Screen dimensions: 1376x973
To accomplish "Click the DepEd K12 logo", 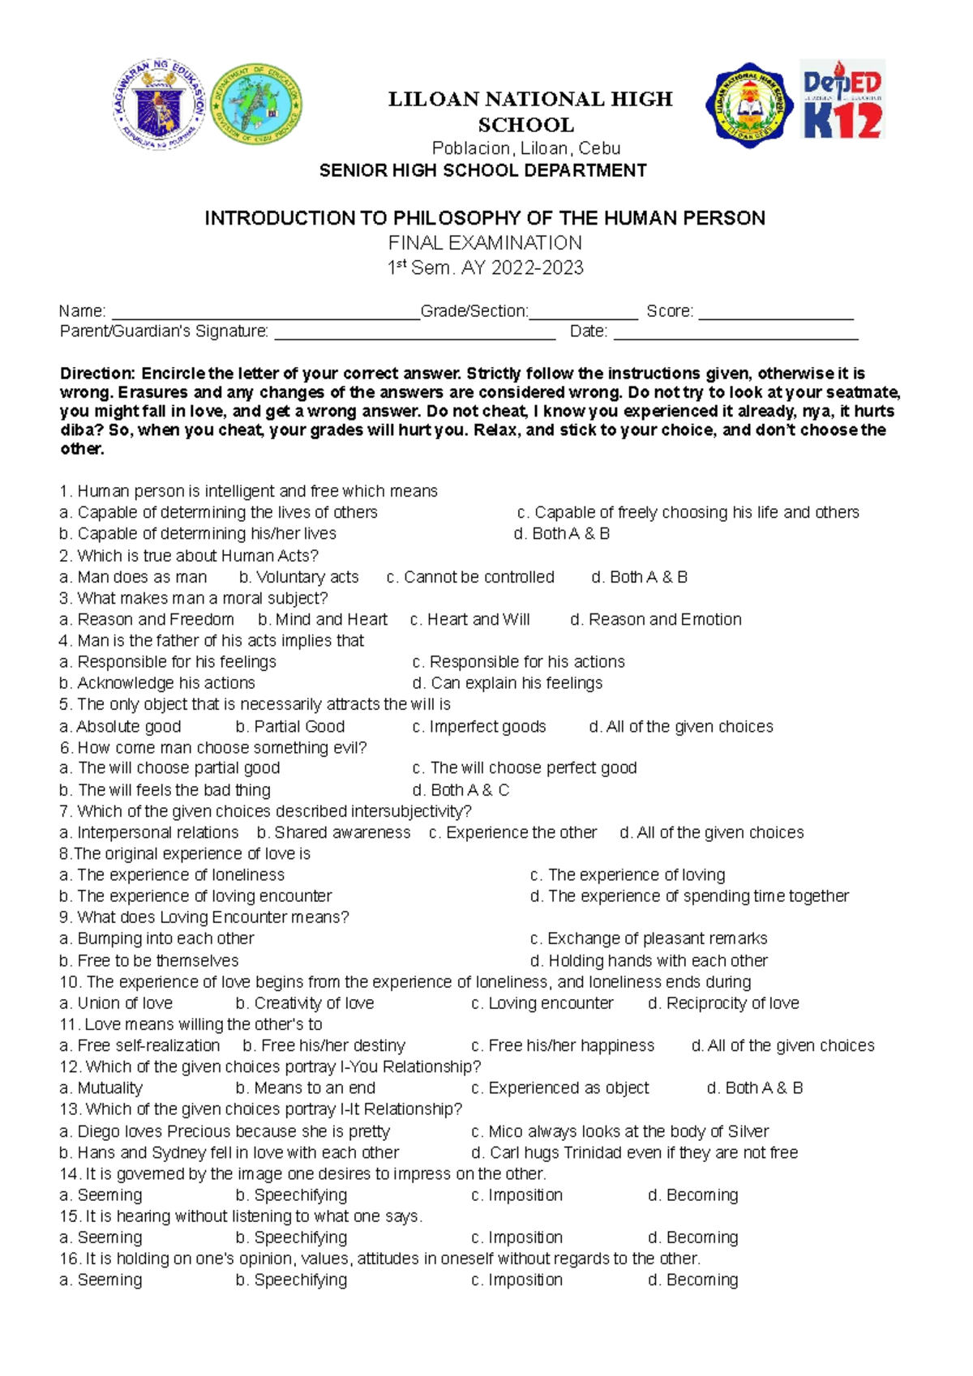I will (842, 100).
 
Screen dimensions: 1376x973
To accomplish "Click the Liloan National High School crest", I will (751, 105).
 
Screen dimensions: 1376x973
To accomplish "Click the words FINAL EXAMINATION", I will (485, 243).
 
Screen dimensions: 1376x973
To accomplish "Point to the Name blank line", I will (264, 315).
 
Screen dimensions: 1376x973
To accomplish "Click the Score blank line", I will (775, 315).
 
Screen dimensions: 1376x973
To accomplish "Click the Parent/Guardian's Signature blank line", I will (414, 335).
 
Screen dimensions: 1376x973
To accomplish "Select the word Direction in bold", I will (96, 374).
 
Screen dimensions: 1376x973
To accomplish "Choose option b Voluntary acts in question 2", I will (299, 577).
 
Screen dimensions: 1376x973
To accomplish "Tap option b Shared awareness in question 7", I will (334, 833).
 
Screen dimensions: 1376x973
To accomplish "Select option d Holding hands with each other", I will (649, 961).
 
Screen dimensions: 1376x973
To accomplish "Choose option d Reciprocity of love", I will (723, 1003).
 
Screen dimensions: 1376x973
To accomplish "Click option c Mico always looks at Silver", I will (619, 1131).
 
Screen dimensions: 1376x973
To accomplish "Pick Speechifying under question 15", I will (292, 1237).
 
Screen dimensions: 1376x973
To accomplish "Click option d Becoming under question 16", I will (693, 1280).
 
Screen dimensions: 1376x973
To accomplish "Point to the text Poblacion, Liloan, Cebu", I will (526, 148).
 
